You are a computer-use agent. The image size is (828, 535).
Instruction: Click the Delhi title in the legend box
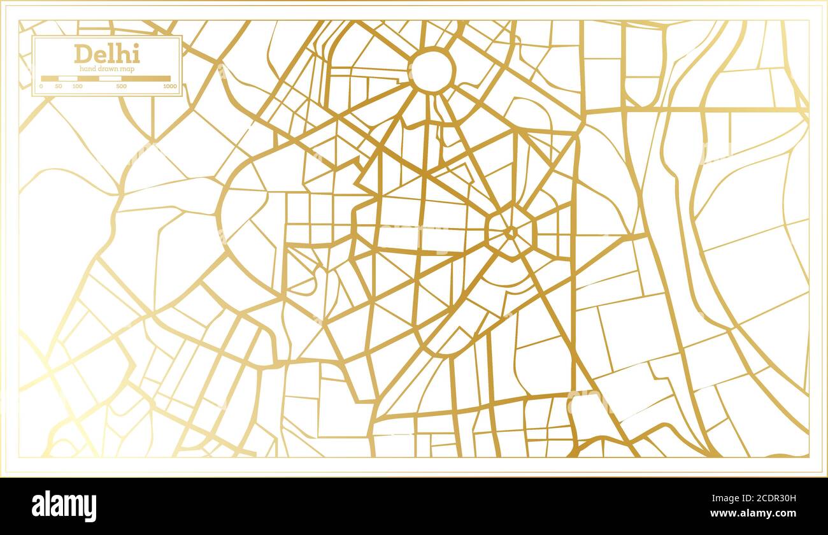tap(106, 54)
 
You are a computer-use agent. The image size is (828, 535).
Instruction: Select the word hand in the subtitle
tap(87, 69)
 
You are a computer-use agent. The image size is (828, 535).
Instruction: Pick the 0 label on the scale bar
tap(41, 86)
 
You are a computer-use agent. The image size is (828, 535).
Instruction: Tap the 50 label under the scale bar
tap(59, 86)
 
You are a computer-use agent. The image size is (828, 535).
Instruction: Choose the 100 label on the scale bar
tap(77, 86)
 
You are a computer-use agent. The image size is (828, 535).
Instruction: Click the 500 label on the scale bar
tap(121, 86)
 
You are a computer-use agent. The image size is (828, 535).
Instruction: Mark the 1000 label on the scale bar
tap(169, 86)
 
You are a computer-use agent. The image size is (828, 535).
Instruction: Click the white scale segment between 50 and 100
tap(68, 78)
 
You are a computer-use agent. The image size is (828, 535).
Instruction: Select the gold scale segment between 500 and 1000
tap(146, 78)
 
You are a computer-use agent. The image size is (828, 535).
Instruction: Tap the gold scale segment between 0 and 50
tap(50, 78)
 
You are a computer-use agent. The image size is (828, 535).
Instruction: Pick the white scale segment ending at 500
tap(110, 78)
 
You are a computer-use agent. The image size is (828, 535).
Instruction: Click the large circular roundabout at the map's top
tap(431, 71)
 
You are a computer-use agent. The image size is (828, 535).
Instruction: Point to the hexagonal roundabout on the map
tap(510, 232)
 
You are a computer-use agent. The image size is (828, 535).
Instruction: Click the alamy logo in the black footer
tap(64, 506)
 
